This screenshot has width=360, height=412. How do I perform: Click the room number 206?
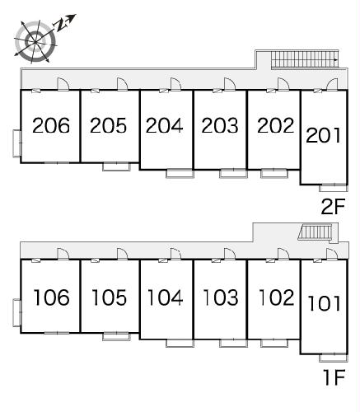coord(51,125)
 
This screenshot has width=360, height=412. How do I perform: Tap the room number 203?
coord(220,125)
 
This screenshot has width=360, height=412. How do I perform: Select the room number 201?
coord(324,135)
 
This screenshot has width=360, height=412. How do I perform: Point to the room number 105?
coord(109,297)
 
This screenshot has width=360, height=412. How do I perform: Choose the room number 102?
coord(276,297)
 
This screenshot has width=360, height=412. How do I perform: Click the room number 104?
coord(165,297)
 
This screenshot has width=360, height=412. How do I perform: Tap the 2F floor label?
coord(333,207)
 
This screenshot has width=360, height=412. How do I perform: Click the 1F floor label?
coord(334,377)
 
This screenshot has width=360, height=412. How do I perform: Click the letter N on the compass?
coord(61,26)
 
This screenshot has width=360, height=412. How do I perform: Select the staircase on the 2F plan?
coord(305,59)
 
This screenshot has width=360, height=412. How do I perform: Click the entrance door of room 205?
coord(122,84)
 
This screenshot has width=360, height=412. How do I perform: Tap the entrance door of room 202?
coord(283,84)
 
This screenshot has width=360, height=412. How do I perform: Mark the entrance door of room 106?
coord(63,254)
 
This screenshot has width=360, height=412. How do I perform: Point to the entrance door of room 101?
coord(332,254)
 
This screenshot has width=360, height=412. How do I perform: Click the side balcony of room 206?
coord(17,143)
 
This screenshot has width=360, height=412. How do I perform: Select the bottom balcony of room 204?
coord(180,174)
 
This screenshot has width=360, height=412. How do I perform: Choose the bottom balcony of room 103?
coord(234,343)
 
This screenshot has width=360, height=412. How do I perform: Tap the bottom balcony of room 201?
coord(334,188)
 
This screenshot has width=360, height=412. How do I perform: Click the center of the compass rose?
coord(35,42)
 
